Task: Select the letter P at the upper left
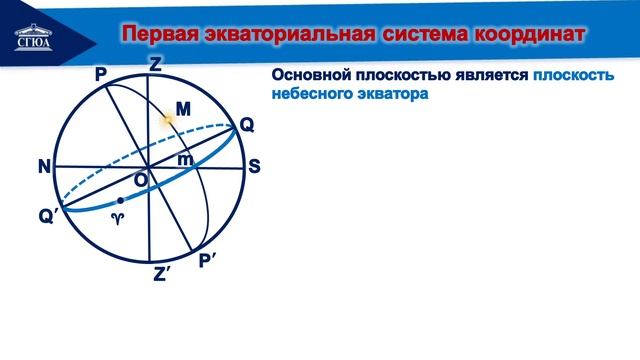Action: pyautogui.click(x=100, y=75)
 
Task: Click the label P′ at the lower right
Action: pyautogui.click(x=209, y=262)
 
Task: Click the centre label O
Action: pyautogui.click(x=141, y=178)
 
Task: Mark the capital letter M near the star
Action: pyautogui.click(x=182, y=107)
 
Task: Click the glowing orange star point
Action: pyautogui.click(x=169, y=119)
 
